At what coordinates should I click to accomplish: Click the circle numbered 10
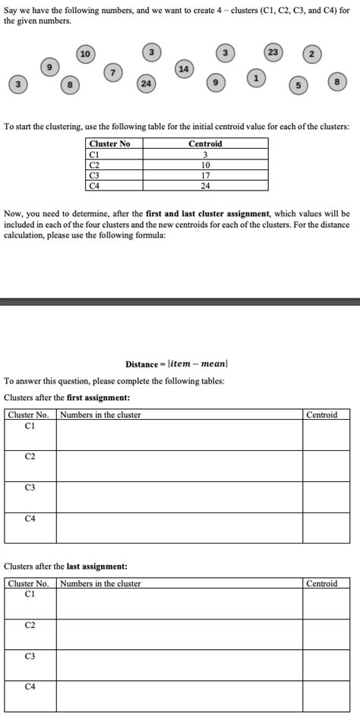click(85, 53)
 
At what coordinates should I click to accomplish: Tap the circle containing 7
click(112, 71)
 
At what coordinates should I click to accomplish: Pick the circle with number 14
click(183, 68)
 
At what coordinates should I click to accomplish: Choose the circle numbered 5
click(298, 86)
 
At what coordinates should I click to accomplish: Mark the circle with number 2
click(312, 55)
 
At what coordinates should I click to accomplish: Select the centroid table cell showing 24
click(205, 184)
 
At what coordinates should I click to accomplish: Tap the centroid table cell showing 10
click(205, 164)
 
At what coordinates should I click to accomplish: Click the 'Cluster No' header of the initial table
click(109, 143)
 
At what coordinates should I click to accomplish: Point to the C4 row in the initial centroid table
click(94, 184)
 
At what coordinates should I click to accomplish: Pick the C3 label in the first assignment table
click(30, 487)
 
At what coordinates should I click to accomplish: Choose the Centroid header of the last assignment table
click(321, 583)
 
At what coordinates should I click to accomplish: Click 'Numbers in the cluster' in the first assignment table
click(100, 415)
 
